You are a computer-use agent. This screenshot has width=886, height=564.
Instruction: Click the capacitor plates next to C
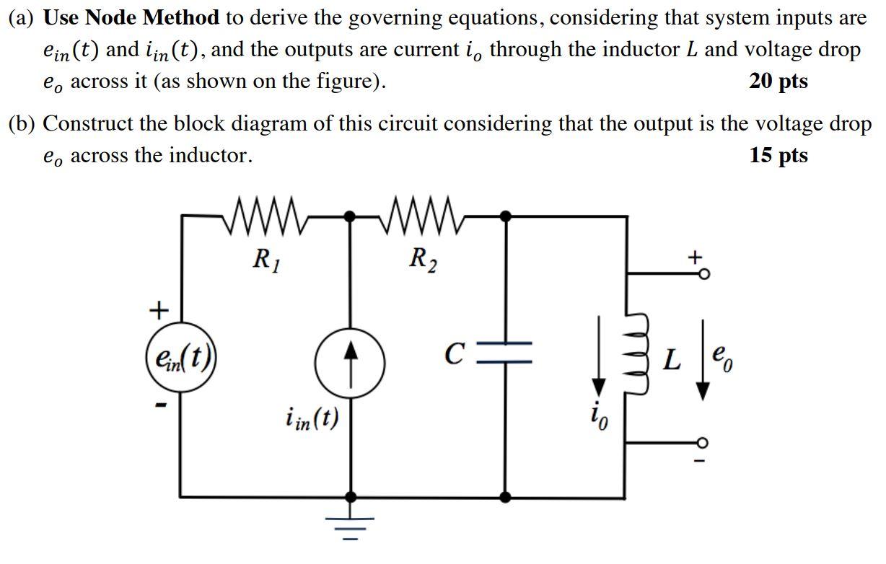pos(505,353)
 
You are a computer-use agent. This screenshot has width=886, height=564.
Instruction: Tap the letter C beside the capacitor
pos(452,354)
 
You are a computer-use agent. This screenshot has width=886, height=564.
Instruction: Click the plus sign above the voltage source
pos(157,310)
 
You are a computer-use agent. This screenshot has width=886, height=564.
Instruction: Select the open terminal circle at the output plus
pos(703,274)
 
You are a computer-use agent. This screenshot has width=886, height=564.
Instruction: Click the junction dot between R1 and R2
pos(351,215)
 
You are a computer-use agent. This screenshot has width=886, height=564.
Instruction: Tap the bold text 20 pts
pos(778,81)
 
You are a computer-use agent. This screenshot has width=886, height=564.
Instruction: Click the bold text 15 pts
pos(778,155)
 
